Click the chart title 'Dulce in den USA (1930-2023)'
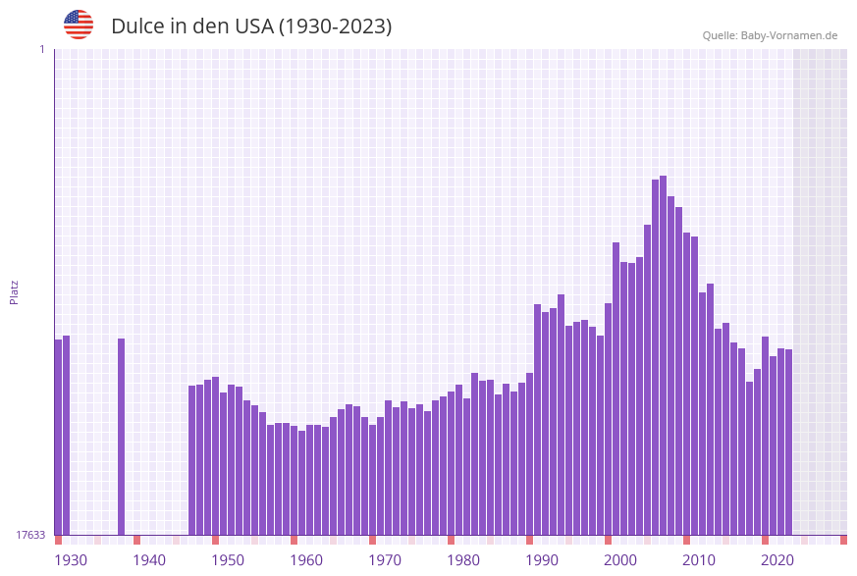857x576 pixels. coord(251,26)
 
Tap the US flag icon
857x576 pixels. coord(79,25)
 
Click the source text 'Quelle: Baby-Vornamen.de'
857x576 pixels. coord(770,35)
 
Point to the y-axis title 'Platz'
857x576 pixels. coord(15,291)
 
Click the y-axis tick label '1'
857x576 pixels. coord(41,49)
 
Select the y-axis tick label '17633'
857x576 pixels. coord(30,535)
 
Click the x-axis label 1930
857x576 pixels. coord(71,560)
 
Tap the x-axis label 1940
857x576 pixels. coord(149,560)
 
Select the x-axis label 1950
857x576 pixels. coord(228,560)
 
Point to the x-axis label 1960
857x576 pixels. coord(306,560)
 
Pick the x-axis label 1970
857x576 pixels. coord(385,560)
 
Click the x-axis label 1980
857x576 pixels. coord(463,560)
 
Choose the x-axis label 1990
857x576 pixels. coord(542,560)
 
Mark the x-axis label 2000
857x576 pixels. coord(620,560)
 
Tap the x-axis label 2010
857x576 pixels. coord(699,560)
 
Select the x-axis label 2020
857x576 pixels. coord(777,560)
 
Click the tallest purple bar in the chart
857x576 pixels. coord(664,353)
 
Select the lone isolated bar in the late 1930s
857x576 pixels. coord(122,437)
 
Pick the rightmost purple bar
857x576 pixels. coord(788,442)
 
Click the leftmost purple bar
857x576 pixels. coord(58,437)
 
